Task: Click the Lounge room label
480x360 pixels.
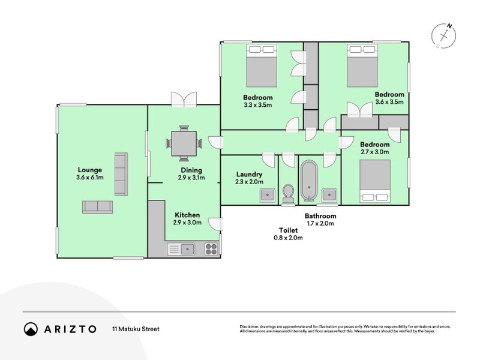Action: click(89, 170)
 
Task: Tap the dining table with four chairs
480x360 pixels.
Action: click(184, 143)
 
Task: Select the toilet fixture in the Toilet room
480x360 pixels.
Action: click(288, 193)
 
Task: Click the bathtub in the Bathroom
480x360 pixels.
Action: click(309, 181)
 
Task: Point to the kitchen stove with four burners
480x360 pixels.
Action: click(211, 249)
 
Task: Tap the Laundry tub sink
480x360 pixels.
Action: click(267, 195)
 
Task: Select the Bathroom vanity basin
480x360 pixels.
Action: click(329, 194)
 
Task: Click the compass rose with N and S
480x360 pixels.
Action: click(443, 36)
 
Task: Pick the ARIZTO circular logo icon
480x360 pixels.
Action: click(31, 329)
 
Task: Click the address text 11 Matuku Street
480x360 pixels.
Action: click(136, 329)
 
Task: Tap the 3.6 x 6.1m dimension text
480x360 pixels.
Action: click(89, 177)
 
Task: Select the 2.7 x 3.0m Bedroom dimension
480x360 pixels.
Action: click(374, 152)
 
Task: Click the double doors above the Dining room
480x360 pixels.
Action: click(184, 99)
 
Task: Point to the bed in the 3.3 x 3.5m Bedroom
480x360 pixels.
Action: click(262, 65)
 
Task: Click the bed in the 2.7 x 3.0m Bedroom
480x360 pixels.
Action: click(375, 181)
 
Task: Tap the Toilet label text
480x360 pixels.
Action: click(288, 230)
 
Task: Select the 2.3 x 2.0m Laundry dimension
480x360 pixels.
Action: click(249, 182)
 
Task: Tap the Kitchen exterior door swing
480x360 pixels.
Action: click(215, 224)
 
